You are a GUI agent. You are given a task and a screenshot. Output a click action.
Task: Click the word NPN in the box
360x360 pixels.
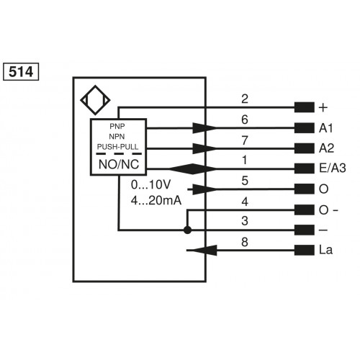(x=117, y=136)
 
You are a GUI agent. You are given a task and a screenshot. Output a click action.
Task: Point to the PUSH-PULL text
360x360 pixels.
(x=117, y=148)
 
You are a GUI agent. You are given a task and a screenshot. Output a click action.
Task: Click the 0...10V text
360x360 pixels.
(x=152, y=186)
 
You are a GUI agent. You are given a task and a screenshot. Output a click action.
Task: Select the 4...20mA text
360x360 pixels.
(x=156, y=199)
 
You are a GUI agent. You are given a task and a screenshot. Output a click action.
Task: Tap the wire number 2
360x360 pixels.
(x=245, y=98)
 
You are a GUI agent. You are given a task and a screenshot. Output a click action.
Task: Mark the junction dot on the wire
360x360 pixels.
(x=187, y=230)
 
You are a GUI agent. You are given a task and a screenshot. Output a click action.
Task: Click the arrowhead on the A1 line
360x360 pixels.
(x=205, y=128)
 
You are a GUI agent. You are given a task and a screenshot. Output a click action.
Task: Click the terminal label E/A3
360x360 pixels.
(x=331, y=169)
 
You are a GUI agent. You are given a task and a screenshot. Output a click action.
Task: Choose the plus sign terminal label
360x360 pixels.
(x=323, y=108)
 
